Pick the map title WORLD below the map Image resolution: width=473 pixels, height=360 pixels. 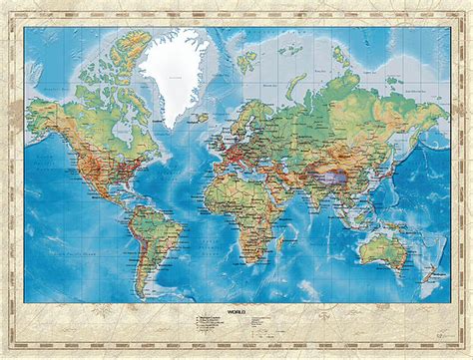236,312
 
